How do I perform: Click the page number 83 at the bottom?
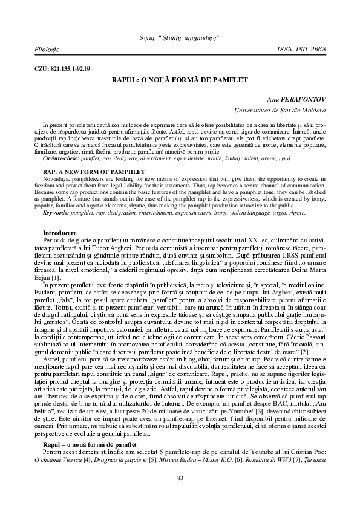(180, 478)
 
